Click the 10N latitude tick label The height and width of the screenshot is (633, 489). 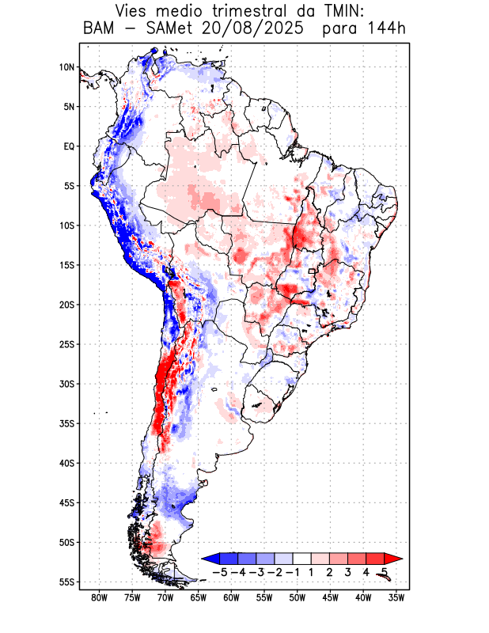[x=66, y=67]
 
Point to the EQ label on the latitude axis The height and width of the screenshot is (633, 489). [x=69, y=146]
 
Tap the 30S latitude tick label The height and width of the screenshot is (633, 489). [x=66, y=384]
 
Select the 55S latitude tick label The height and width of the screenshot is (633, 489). [x=66, y=582]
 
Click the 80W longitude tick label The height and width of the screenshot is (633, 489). [x=100, y=598]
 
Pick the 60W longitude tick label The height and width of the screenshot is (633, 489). [x=231, y=598]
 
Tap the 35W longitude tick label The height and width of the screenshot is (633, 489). [x=396, y=598]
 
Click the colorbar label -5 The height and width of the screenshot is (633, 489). [x=220, y=572]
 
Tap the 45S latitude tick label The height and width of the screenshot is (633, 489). [x=66, y=503]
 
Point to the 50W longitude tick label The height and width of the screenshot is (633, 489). [x=298, y=598]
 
